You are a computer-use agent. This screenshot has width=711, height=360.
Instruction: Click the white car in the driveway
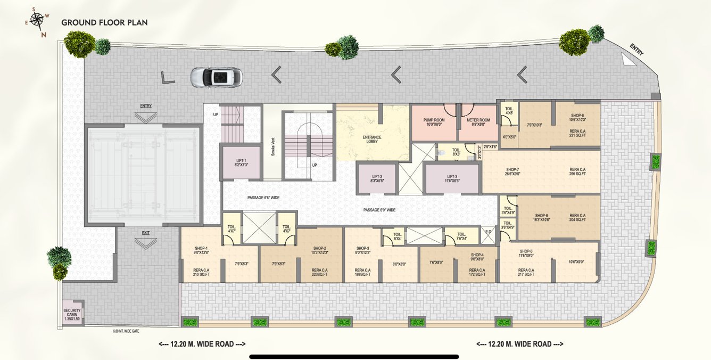tap(216, 77)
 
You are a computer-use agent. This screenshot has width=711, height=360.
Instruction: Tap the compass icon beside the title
tap(37, 21)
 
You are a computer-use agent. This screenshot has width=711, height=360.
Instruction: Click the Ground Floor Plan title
tap(104, 22)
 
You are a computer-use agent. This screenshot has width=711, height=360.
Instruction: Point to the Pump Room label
tap(434, 120)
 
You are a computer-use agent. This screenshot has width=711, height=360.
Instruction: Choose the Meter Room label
tap(478, 120)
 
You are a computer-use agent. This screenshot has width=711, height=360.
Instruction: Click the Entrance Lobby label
tap(372, 140)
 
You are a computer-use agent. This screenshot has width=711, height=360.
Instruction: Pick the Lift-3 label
tap(452, 177)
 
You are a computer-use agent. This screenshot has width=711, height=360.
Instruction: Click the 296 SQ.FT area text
tap(577, 174)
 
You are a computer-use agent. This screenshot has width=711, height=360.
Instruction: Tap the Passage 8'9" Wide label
tap(379, 210)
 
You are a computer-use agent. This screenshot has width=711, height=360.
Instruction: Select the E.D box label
tap(489, 233)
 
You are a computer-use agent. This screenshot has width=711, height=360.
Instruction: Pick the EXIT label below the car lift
tap(146, 233)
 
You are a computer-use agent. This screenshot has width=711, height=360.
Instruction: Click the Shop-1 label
tap(201, 248)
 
